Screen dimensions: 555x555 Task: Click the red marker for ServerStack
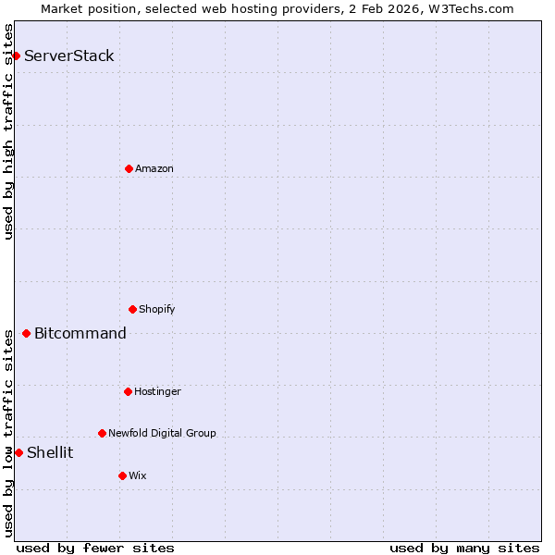[16, 55]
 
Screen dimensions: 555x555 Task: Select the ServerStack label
[69, 55]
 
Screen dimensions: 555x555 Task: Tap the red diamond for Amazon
[129, 168]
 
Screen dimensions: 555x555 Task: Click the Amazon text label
[154, 168]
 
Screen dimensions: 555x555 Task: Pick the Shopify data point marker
[132, 309]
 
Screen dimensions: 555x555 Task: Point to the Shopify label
[157, 309]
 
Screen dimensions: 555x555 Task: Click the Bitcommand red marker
[26, 333]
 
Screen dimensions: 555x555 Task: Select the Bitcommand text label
[80, 333]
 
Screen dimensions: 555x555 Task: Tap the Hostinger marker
[128, 391]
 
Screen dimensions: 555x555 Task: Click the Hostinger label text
[157, 391]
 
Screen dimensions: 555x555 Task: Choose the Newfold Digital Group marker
[102, 433]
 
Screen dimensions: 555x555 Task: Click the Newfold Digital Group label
[162, 433]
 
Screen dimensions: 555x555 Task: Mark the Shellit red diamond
[18, 452]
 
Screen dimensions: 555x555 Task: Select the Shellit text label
[50, 452]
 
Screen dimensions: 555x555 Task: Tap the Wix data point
[122, 475]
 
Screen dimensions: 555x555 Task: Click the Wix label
[137, 475]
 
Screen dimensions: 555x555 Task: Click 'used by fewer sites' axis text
[95, 548]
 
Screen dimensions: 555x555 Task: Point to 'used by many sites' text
[464, 548]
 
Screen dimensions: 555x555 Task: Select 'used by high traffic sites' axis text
[8, 131]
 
